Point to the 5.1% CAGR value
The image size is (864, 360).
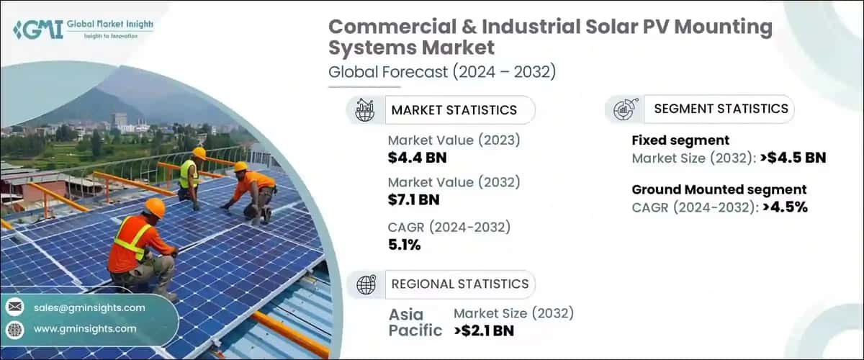404,245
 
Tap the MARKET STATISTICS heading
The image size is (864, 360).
454,110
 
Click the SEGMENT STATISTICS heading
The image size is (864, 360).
721,109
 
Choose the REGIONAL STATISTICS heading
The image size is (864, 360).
459,284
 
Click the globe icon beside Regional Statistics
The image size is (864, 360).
366,284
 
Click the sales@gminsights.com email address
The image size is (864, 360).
89,307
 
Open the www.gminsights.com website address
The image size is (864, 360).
85,328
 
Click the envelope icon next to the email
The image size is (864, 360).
14,307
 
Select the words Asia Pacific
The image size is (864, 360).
415,323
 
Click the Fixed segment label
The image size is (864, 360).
670,140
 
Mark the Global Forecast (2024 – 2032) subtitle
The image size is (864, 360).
442,71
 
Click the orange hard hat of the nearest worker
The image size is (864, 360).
155,207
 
